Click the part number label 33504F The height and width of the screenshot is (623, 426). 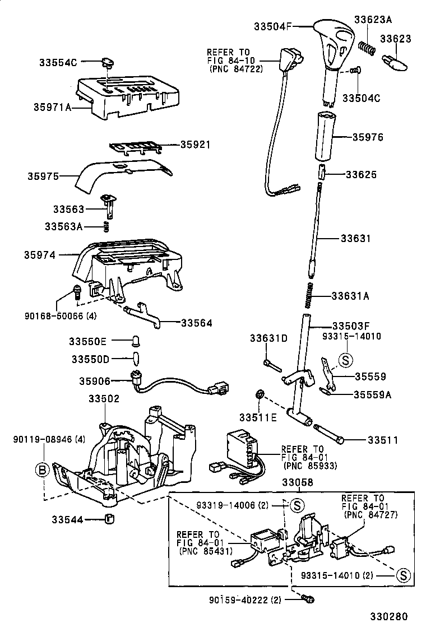[x=275, y=26]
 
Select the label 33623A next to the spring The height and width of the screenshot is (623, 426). [x=373, y=20]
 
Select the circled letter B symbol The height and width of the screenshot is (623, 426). [x=43, y=470]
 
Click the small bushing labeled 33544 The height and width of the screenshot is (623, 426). [x=110, y=518]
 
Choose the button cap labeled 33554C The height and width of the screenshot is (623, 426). [x=106, y=63]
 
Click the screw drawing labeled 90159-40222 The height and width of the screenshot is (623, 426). [x=306, y=599]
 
